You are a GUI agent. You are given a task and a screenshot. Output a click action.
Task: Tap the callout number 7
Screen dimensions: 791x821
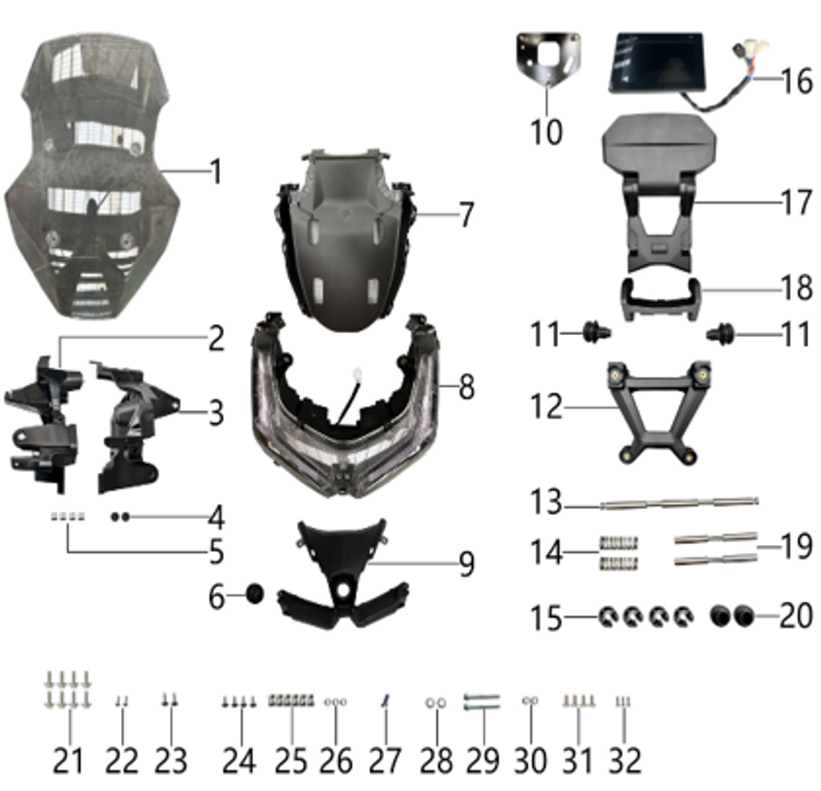pos(466,215)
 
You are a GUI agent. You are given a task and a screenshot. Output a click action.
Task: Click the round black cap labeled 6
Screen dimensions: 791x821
pos(253,595)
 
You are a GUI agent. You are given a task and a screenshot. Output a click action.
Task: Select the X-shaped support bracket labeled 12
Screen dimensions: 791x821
pos(657,409)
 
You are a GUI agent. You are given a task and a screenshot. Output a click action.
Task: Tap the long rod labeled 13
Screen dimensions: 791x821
pos(678,504)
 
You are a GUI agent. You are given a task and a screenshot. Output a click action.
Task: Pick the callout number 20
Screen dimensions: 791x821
pos(796,616)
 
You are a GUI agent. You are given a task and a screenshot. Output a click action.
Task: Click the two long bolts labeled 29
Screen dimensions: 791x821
pos(482,702)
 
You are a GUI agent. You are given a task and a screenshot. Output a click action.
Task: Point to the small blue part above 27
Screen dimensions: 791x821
pos(386,700)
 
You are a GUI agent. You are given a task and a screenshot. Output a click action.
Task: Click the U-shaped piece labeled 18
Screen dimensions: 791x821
pos(661,298)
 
